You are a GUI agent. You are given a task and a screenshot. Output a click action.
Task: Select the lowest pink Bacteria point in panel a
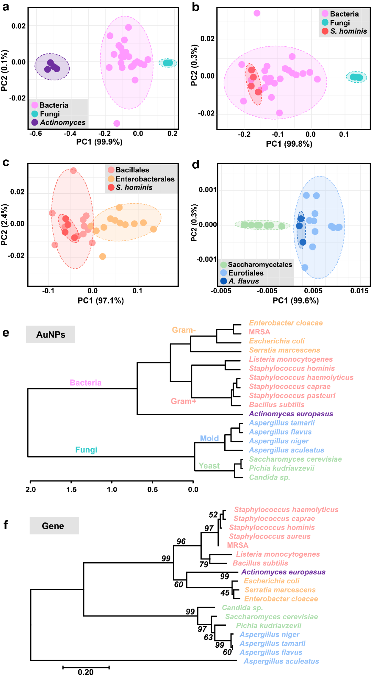pyautogui.click(x=117, y=123)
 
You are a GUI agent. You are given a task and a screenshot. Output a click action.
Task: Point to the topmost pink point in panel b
pyautogui.click(x=257, y=13)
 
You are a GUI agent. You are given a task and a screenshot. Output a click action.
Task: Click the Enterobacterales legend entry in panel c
pyautogui.click(x=145, y=179)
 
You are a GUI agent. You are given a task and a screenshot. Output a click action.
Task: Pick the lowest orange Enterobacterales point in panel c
pyautogui.click(x=102, y=256)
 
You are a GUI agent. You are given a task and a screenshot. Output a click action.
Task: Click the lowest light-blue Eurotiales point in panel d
pyautogui.click(x=305, y=268)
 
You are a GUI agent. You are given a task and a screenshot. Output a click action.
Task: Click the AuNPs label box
pyautogui.click(x=50, y=335)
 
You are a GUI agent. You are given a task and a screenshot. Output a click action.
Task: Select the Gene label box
pyautogui.click(x=54, y=526)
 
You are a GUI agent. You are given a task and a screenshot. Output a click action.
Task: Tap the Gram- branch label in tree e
pyautogui.click(x=184, y=330)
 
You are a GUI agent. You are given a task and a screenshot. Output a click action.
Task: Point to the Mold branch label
pyautogui.click(x=209, y=439)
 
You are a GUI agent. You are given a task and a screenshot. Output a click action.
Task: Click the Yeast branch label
pyautogui.click(x=209, y=466)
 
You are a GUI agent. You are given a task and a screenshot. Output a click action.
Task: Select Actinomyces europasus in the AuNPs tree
pyautogui.click(x=291, y=414)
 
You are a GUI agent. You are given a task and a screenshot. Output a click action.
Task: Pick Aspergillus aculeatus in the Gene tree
pyautogui.click(x=281, y=661)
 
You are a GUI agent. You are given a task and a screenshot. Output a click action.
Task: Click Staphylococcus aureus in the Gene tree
pyautogui.click(x=270, y=536)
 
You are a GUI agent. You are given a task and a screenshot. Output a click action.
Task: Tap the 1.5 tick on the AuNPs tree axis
pyautogui.click(x=71, y=489)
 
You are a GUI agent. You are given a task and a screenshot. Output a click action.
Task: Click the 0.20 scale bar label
pyautogui.click(x=86, y=672)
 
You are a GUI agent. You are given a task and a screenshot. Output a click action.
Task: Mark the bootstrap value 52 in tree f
pyautogui.click(x=213, y=515)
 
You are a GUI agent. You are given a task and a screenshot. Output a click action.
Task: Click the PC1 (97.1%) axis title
pyautogui.click(x=101, y=301)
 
